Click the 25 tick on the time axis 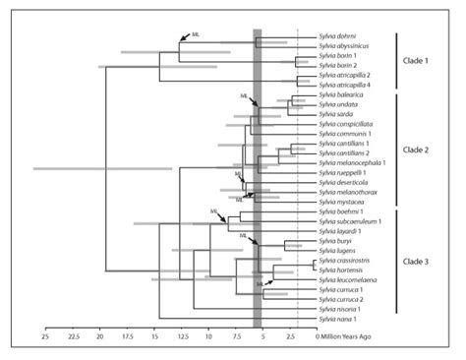click(x=44, y=336)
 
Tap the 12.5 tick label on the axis click(x=182, y=336)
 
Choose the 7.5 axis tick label click(x=237, y=336)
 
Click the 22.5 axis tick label click(x=72, y=336)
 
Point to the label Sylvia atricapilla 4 click(x=345, y=85)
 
